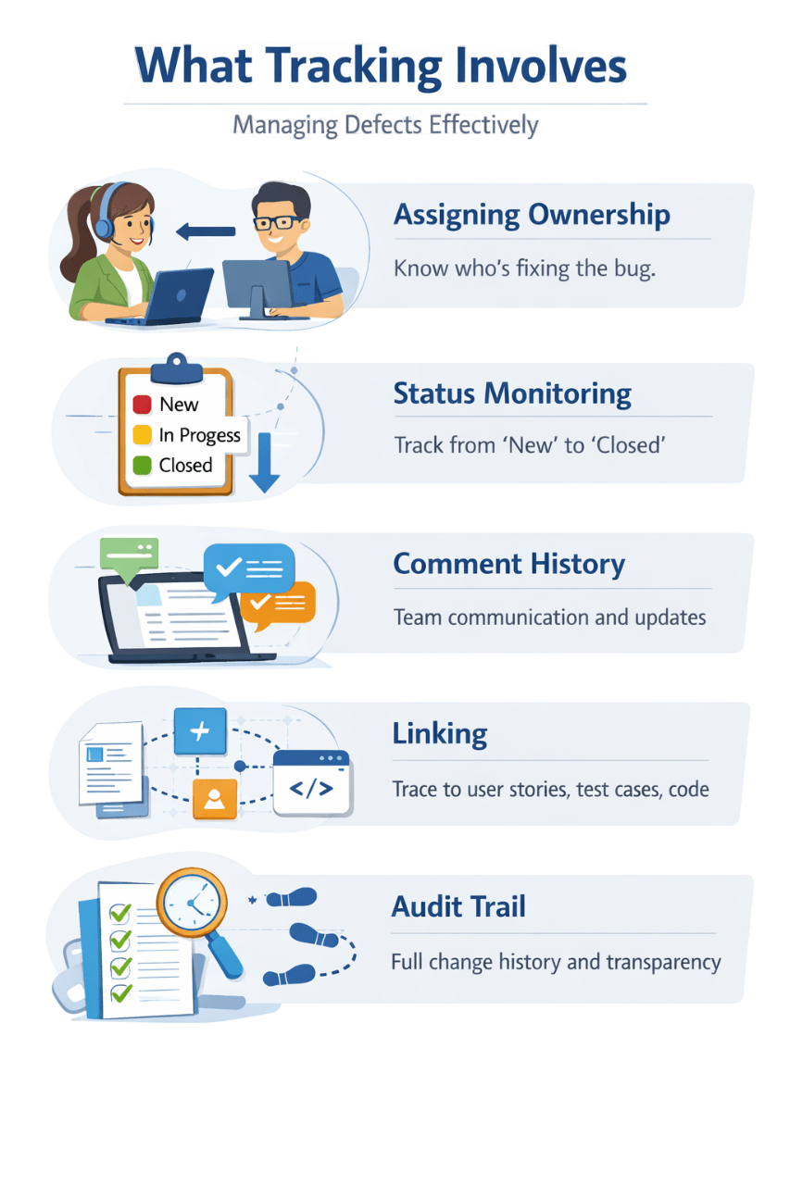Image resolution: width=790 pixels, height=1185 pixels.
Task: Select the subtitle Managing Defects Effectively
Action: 385,124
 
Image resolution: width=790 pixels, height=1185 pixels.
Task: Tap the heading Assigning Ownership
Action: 532,215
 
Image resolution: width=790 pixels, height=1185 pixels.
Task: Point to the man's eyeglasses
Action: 277,222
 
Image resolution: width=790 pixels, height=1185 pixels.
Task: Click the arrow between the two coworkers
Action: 205,231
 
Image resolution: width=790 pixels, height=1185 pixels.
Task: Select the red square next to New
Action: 142,405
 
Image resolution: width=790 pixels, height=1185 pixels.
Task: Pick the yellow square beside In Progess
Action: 142,435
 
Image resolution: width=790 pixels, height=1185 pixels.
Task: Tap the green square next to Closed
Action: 142,465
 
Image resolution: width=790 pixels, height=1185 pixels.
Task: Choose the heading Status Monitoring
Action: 512,393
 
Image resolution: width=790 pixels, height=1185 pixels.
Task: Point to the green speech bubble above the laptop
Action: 129,554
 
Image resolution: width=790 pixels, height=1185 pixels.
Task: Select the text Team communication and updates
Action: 550,617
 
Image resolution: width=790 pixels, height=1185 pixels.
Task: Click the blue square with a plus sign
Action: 200,731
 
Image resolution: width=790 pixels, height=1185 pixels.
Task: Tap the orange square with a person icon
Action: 215,798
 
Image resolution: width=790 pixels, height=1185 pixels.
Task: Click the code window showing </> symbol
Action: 311,783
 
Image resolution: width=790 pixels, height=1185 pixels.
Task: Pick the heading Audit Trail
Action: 458,906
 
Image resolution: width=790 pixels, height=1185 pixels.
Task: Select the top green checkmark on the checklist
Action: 119,914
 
